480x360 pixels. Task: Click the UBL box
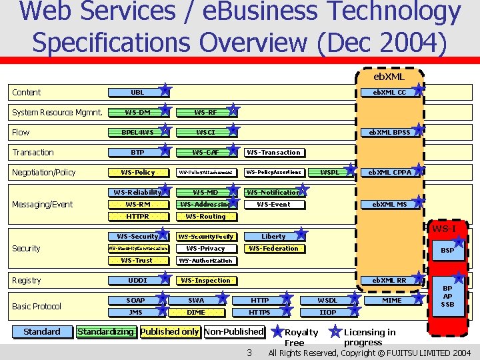pos(137,92)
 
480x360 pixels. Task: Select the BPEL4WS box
pos(137,132)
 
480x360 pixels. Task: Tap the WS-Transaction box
pos(273,152)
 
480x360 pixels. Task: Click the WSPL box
pos(329,172)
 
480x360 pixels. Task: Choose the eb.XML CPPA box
pos(391,172)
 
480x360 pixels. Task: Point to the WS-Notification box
pos(273,192)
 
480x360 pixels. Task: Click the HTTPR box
pos(137,216)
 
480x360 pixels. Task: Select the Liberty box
pos(273,236)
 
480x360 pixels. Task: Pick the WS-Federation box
pos(273,248)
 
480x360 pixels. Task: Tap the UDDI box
pos(137,280)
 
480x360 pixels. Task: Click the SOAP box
pos(136,300)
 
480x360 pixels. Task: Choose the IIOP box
pos(328,312)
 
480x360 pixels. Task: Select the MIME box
pos(392,300)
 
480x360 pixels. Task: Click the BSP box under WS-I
pos(447,251)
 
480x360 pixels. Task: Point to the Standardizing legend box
pos(106,331)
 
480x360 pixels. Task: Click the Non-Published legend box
pos(234,331)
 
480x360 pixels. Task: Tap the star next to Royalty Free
pos(277,331)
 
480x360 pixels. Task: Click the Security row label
pos(26,248)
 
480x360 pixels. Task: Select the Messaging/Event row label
pos(42,204)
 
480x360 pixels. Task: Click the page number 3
pos(249,352)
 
